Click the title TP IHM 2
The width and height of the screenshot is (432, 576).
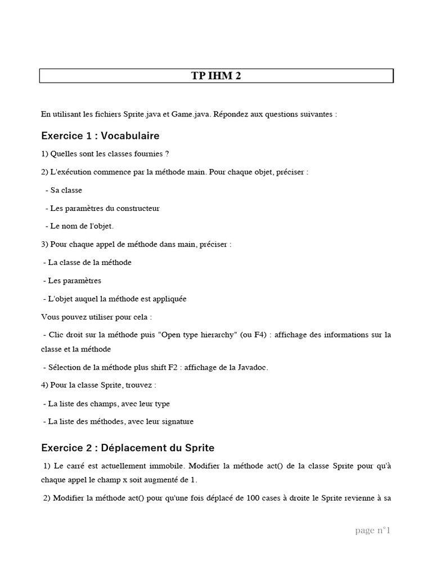[216, 76]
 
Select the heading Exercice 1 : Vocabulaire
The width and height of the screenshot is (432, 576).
[100, 136]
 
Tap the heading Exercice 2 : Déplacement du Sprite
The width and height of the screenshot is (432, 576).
[128, 448]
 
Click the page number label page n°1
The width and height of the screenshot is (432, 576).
[372, 530]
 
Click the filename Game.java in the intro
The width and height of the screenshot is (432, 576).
[192, 114]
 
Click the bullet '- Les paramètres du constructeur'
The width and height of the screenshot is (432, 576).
[102, 208]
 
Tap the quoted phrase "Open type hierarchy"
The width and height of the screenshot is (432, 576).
[202, 335]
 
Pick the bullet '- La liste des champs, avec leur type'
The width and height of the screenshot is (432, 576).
[106, 403]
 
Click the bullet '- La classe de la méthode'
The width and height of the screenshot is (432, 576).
[87, 262]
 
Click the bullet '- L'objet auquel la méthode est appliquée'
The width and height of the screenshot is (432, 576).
[114, 299]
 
